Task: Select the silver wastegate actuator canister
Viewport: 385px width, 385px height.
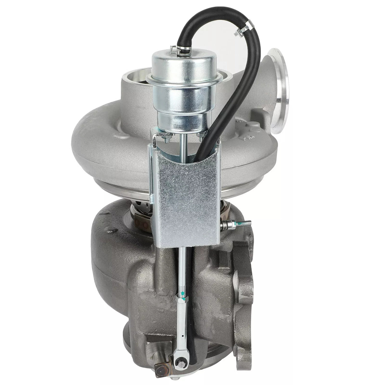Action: [x=175, y=93]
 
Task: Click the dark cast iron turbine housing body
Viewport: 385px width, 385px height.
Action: [x=119, y=273]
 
